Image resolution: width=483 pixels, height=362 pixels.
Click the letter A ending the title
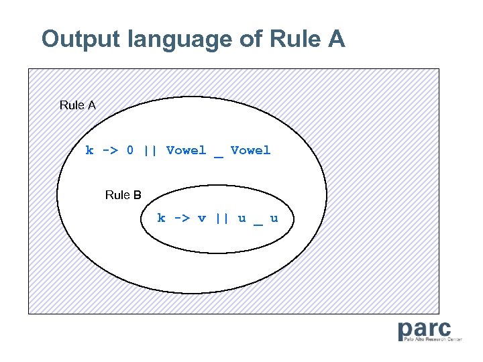pos(337,39)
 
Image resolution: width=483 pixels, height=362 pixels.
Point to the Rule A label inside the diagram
pos(78,105)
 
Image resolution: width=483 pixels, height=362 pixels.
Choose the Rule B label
pos(123,195)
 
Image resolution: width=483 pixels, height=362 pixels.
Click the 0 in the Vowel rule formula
pos(130,150)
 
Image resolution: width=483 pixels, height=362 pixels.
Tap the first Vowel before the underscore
pos(186,150)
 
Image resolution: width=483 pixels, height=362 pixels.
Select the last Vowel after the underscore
pos(250,150)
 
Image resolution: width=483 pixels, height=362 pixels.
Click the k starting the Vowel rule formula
pos(89,150)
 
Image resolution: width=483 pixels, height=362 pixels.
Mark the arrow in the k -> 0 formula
pos(109,150)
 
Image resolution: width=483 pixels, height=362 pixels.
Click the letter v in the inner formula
pos(201,218)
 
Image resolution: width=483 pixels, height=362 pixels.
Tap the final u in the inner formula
pos(274,218)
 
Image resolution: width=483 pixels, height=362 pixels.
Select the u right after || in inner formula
pos(241,218)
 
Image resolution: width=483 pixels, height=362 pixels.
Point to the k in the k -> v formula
pos(161,218)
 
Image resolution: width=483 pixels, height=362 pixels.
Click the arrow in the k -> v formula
pos(181,218)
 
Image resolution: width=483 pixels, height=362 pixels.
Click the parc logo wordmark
pos(424,329)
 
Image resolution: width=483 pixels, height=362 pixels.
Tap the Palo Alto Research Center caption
pos(433,340)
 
